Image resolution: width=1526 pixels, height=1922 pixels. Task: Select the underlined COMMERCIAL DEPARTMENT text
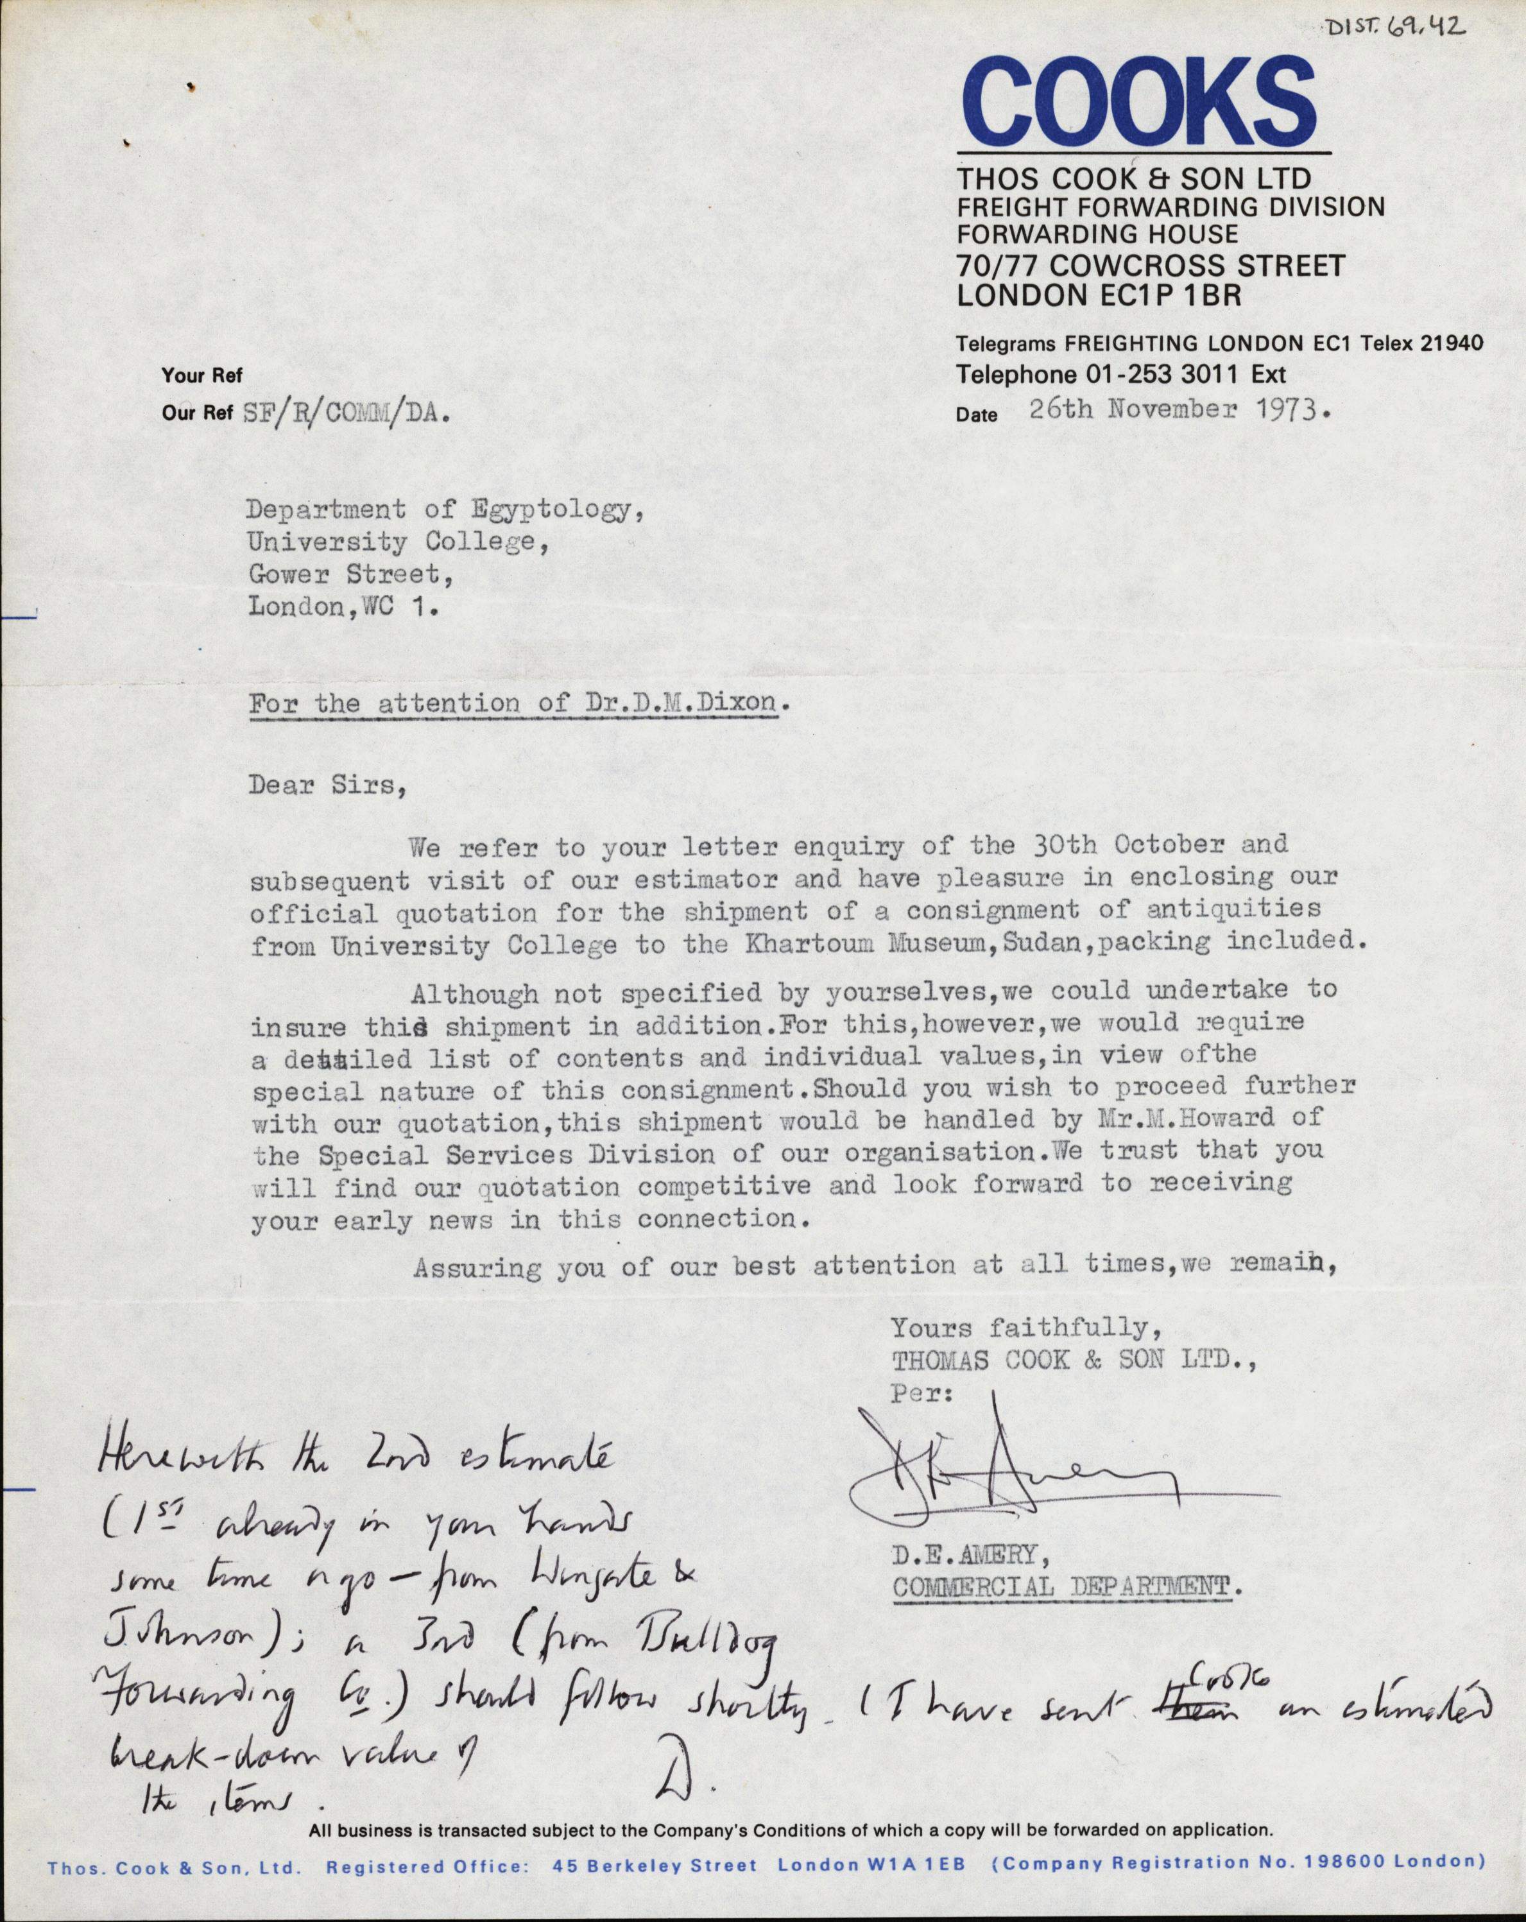click(x=1066, y=1587)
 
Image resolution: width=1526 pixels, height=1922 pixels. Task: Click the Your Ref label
click(x=201, y=375)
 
